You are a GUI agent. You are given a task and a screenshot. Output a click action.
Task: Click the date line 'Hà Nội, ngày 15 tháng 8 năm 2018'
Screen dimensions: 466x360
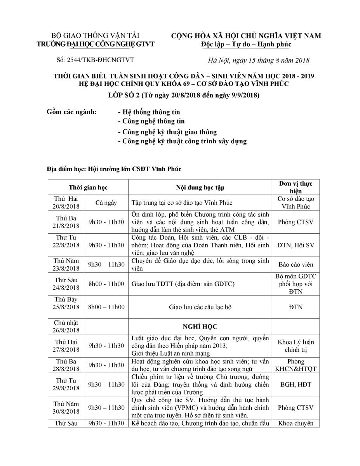coord(258,60)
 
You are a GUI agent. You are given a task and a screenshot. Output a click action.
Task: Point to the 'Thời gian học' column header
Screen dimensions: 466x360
coord(88,188)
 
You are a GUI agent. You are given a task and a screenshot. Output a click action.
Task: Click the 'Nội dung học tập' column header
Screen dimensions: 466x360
coord(200,188)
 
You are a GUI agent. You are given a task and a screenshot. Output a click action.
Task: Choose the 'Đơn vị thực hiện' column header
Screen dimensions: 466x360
coord(296,187)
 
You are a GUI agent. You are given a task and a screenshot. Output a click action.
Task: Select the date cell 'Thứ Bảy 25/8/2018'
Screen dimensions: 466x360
coord(66,303)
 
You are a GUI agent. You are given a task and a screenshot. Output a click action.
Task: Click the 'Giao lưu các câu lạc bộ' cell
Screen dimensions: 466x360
coord(200,307)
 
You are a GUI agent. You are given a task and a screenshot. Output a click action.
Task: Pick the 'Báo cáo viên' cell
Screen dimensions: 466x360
coord(296,265)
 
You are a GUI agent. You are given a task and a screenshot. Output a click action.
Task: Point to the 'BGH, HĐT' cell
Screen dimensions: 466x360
coord(296,384)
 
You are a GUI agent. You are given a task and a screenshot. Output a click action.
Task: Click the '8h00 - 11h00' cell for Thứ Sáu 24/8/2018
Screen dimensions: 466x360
coord(106,284)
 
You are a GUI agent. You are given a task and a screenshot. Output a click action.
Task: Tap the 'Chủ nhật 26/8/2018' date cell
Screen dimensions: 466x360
coord(66,326)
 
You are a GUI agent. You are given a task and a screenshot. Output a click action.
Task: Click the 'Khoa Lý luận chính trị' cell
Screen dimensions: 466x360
coord(296,346)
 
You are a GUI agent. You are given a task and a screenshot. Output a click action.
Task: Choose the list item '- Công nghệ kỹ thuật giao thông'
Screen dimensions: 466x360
coord(167,132)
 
